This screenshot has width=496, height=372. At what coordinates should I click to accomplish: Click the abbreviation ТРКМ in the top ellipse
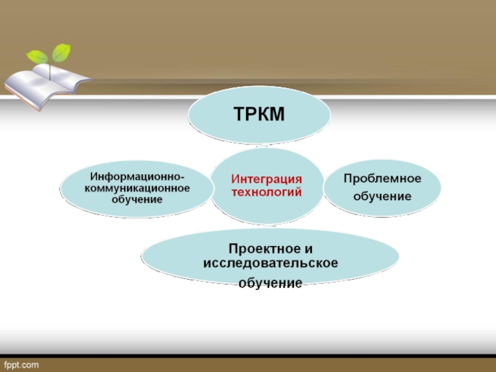(259, 114)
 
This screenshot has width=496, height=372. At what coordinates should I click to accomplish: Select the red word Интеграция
(267, 179)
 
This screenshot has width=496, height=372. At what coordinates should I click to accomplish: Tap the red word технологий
(267, 192)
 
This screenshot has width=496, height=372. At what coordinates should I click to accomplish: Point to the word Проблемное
(383, 179)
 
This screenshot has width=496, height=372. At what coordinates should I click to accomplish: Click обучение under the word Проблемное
(383, 197)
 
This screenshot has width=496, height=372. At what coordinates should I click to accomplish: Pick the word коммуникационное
(137, 188)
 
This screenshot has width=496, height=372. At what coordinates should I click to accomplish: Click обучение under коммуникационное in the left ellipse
(137, 199)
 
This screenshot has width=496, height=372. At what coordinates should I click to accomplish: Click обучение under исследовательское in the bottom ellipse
(270, 283)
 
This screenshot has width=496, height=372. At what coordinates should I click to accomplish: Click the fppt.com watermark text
(21, 364)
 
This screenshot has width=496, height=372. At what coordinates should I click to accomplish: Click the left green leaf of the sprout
(37, 56)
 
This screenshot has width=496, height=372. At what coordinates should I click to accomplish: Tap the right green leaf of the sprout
(61, 53)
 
